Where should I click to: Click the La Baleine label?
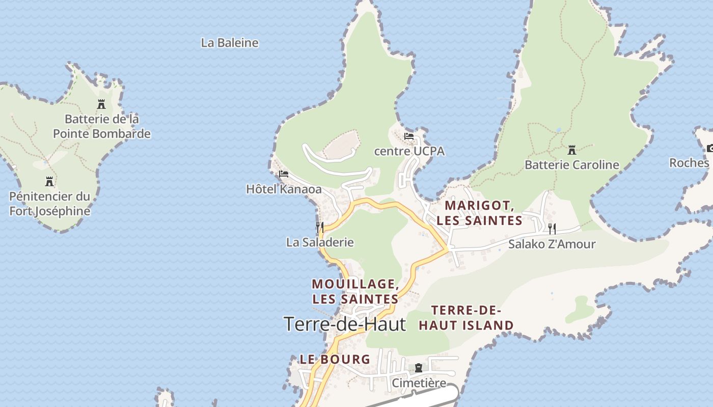(230, 43)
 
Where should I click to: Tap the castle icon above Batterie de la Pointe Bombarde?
(101, 104)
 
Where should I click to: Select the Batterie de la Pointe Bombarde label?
(102, 126)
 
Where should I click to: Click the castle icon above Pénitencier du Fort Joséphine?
(49, 182)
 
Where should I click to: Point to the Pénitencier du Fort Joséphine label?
(50, 203)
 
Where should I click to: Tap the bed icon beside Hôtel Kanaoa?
(284, 174)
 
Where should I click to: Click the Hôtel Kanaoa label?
(284, 189)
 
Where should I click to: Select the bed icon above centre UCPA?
(409, 136)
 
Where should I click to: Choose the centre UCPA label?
(409, 151)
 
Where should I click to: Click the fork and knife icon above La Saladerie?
(320, 227)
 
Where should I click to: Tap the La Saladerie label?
(320, 242)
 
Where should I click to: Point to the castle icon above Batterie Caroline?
(572, 150)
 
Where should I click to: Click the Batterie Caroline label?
(572, 165)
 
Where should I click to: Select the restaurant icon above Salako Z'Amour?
(552, 228)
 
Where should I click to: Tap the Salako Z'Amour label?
(552, 244)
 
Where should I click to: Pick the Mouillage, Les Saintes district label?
(355, 291)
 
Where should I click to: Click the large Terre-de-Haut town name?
(344, 324)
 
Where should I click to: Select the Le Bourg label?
(335, 359)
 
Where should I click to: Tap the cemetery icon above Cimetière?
(419, 368)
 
